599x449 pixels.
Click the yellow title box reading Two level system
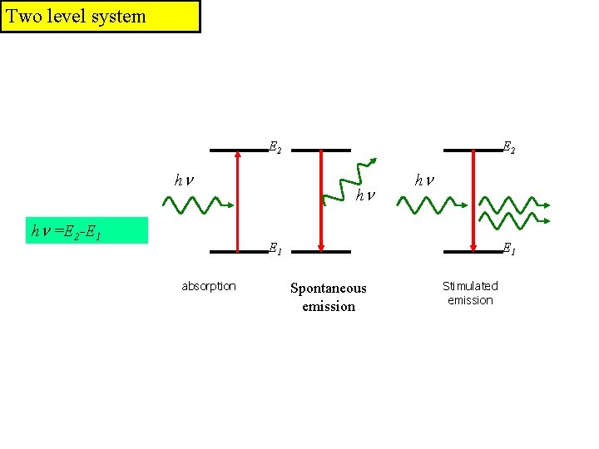click(x=100, y=17)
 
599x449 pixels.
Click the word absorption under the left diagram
click(x=209, y=286)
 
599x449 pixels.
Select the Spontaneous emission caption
click(x=328, y=297)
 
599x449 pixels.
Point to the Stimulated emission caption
click(x=470, y=293)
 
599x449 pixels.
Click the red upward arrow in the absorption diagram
click(x=238, y=200)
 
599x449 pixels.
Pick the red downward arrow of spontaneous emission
click(x=321, y=200)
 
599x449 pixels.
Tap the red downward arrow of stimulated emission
click(x=473, y=200)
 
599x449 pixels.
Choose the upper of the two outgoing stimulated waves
click(x=514, y=203)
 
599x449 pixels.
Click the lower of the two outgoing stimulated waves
click(x=514, y=220)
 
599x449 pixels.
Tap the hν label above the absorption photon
click(x=183, y=180)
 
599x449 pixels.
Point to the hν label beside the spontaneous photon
click(x=364, y=195)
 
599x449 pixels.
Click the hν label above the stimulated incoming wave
click(x=424, y=180)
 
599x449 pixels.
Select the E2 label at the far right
click(x=507, y=148)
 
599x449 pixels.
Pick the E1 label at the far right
click(x=507, y=248)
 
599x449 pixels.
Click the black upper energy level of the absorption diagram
click(x=238, y=150)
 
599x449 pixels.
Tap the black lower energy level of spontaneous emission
click(x=321, y=251)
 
